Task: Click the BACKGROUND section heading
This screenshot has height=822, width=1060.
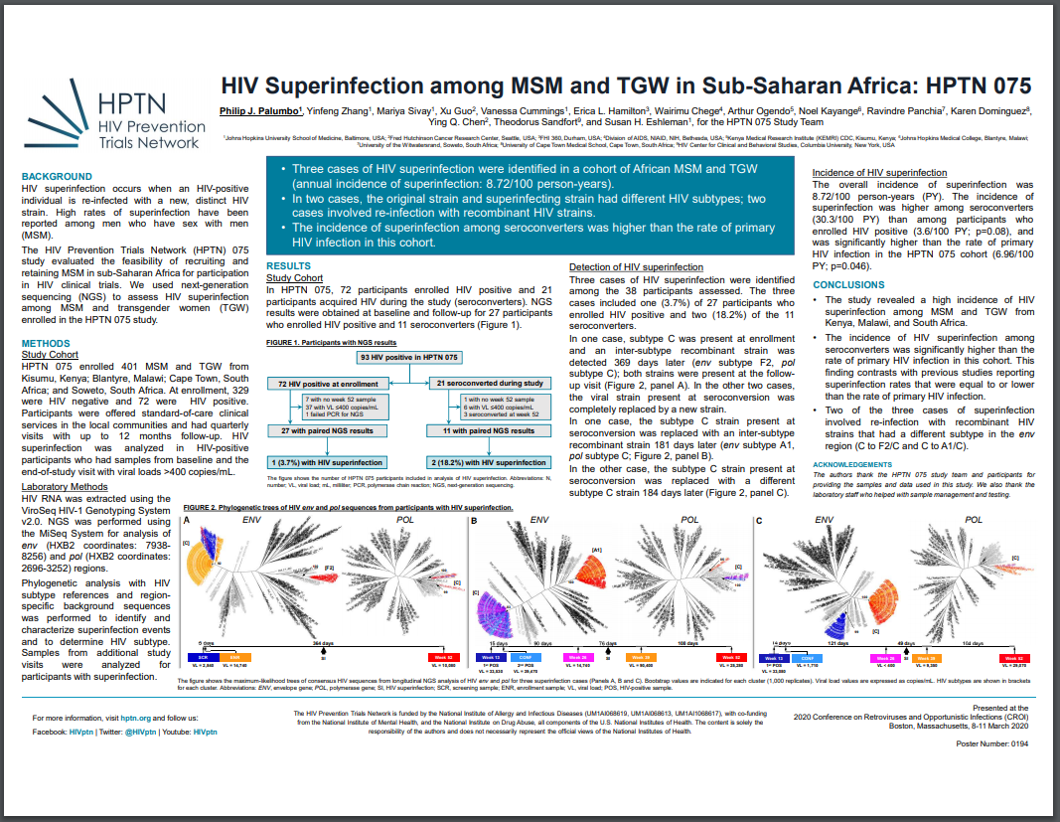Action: click(57, 176)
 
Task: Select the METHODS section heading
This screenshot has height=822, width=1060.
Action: click(47, 343)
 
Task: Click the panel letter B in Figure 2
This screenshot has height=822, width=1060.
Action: click(474, 521)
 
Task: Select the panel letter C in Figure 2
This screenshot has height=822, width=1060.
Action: click(760, 521)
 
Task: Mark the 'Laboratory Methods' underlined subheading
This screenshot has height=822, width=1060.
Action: click(65, 487)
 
